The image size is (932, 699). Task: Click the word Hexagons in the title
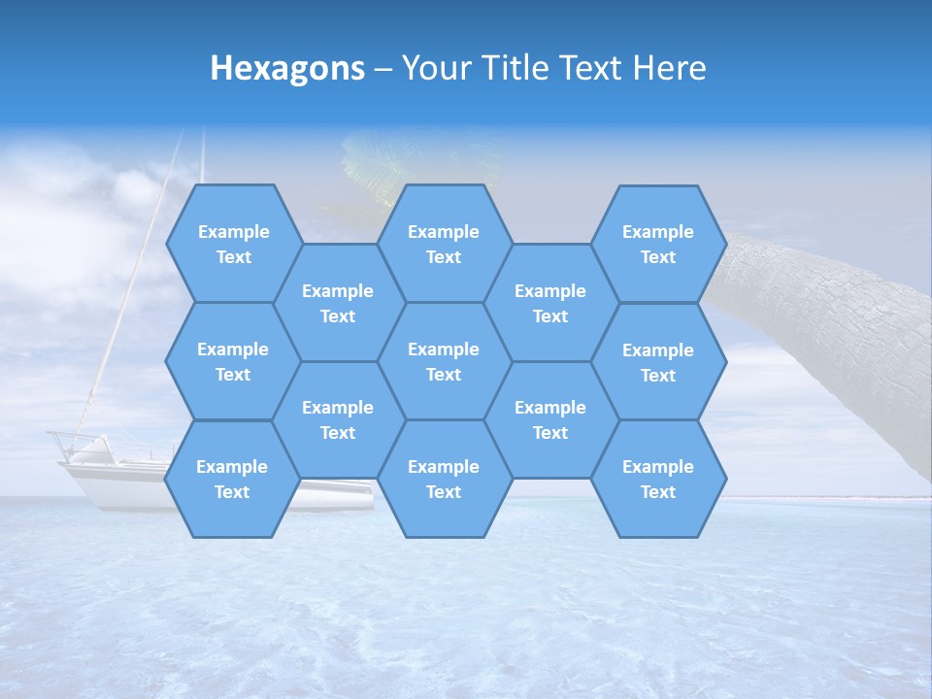(x=287, y=69)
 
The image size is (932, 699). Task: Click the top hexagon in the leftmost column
(x=233, y=244)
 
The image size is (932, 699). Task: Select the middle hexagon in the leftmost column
(x=233, y=361)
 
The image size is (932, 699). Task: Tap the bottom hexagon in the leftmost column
(x=232, y=479)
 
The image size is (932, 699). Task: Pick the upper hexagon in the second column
(x=338, y=303)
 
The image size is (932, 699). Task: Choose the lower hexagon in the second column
(x=338, y=419)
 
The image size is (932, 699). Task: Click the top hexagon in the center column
(x=444, y=244)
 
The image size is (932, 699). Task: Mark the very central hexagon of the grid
(x=444, y=361)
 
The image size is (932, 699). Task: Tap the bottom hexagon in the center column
(x=444, y=479)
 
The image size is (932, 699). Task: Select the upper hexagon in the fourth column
(x=550, y=303)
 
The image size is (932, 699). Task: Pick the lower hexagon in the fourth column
(x=550, y=419)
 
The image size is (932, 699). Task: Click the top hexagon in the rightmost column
(x=658, y=244)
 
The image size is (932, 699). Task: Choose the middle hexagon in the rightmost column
(x=658, y=362)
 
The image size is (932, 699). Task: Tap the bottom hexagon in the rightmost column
(x=658, y=479)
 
